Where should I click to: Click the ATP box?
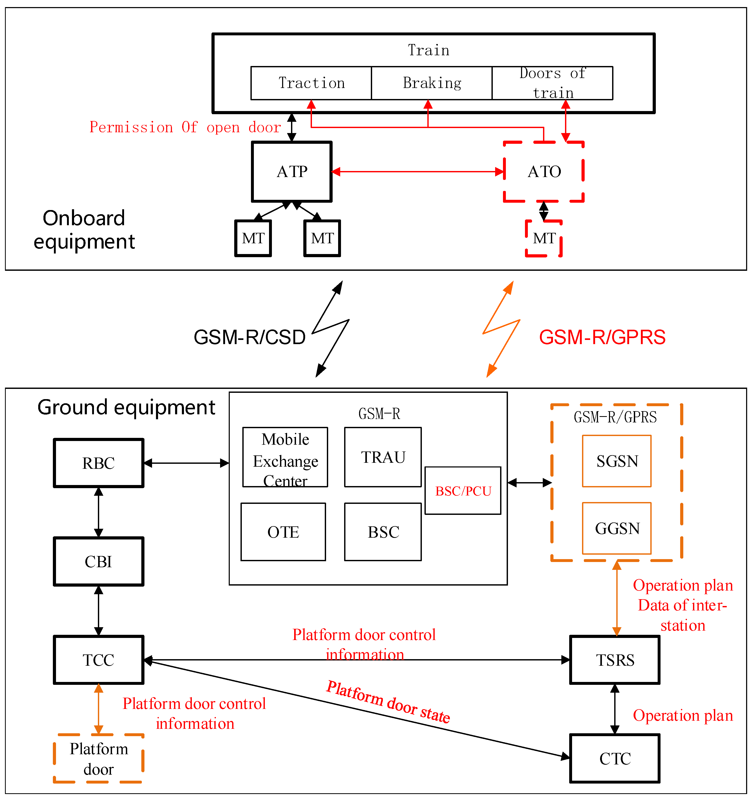pyautogui.click(x=292, y=172)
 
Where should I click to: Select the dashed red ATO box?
pyautogui.click(x=544, y=172)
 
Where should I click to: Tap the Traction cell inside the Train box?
pyautogui.click(x=311, y=83)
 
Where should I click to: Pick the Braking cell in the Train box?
pyautogui.click(x=432, y=83)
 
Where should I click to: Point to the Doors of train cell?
pyautogui.click(x=552, y=83)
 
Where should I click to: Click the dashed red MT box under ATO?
pyautogui.click(x=544, y=238)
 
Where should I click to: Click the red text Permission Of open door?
pyautogui.click(x=185, y=127)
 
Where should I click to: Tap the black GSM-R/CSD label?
pyautogui.click(x=249, y=337)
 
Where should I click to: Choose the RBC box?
pyautogui.click(x=99, y=463)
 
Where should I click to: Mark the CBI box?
pyautogui.click(x=99, y=561)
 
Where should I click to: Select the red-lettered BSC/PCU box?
pyautogui.click(x=463, y=491)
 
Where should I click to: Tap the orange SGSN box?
pyautogui.click(x=617, y=461)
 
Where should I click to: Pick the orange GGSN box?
pyautogui.click(x=617, y=528)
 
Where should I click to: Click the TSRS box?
pyautogui.click(x=614, y=660)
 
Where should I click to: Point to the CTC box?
pyautogui.click(x=614, y=759)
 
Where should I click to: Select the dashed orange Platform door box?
pyautogui.click(x=99, y=759)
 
